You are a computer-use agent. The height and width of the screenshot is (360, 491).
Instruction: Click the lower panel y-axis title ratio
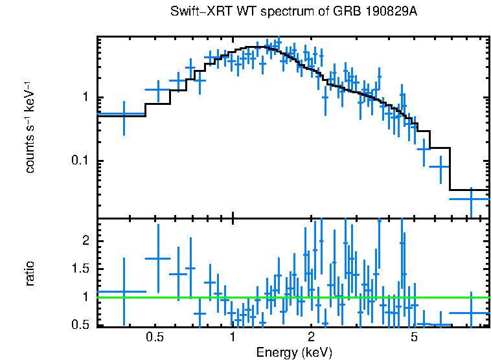point(30,273)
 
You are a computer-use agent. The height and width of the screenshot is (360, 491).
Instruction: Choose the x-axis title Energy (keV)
point(294,353)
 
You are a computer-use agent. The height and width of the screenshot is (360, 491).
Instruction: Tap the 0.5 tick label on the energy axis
point(154,337)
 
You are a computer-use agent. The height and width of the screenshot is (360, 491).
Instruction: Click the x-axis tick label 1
point(233,337)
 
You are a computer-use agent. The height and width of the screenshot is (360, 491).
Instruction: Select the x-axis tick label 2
point(311,337)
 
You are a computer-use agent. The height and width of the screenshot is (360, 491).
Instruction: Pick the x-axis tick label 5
point(414,337)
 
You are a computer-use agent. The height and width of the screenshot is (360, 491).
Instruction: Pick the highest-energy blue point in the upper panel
point(471,199)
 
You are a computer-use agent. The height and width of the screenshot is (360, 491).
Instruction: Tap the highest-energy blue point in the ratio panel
point(471,313)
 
